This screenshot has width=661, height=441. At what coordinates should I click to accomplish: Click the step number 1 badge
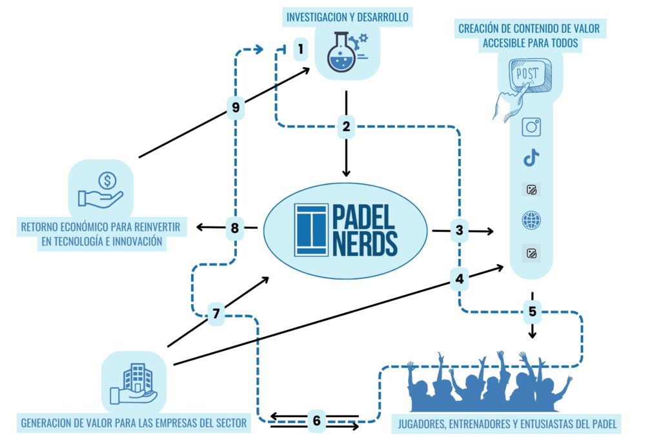coord(301,48)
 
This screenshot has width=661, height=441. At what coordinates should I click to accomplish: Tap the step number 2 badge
coord(347,127)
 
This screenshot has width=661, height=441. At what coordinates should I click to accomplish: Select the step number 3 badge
coord(460,230)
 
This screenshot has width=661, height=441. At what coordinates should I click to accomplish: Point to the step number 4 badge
coord(460,280)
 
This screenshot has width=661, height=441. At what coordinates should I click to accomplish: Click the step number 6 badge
coord(316,421)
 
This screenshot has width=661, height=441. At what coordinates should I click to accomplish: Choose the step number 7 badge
coord(216,314)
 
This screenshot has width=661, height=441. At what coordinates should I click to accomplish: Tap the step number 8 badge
coord(235,227)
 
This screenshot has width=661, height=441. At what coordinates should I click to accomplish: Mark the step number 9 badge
coord(235,108)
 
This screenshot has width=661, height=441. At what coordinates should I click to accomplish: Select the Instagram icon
coord(531,127)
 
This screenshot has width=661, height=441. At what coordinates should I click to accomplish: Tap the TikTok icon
coord(531,158)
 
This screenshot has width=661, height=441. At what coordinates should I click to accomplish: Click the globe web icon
coord(531,221)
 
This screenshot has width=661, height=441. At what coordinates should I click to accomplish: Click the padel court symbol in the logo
coord(311,230)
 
